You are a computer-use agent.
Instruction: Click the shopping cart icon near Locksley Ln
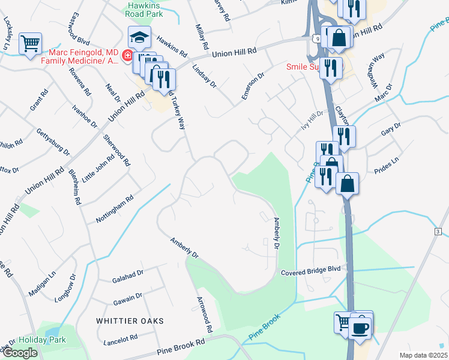click(30, 43)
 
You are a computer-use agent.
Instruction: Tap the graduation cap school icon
click(139, 37)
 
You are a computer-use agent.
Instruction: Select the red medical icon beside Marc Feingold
click(127, 56)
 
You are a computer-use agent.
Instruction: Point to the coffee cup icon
click(361, 328)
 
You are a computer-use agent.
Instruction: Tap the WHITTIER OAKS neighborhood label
click(130, 321)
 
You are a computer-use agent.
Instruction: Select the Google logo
click(19, 353)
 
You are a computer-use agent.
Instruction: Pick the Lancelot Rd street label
click(120, 340)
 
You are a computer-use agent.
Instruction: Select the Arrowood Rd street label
click(204, 314)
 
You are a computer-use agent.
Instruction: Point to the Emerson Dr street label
click(253, 86)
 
